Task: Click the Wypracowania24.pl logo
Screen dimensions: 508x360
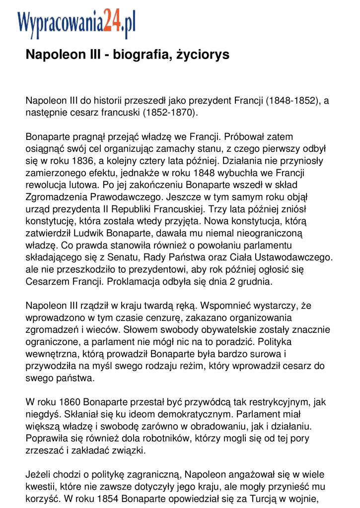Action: coord(76,24)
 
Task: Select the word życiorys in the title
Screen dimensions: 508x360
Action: coord(203,55)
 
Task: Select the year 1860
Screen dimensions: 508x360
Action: coord(70,402)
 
